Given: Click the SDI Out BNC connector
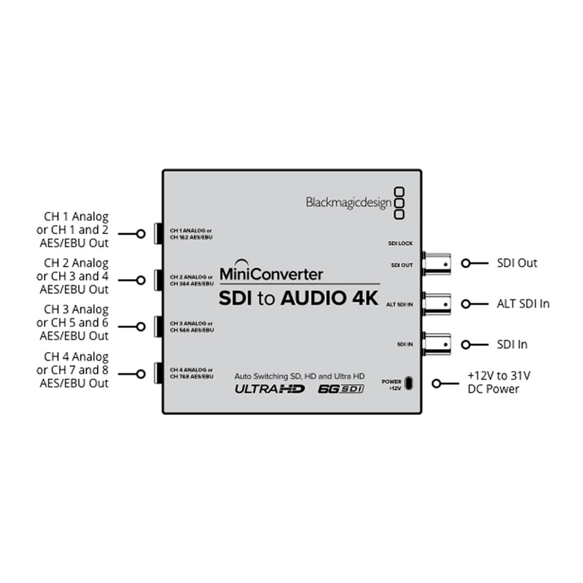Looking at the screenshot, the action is point(437,264).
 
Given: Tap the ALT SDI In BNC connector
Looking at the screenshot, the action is point(437,305).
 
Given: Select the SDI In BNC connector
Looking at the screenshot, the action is point(437,345).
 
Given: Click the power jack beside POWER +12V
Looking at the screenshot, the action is point(409,383).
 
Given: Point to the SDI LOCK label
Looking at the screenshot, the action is point(400,243).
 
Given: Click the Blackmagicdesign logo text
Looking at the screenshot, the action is point(349,203).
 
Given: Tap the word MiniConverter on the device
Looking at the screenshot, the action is point(271,274).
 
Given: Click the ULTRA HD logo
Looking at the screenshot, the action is point(270,389).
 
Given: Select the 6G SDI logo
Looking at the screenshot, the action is point(340,389).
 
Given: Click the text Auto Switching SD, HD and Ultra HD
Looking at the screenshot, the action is point(300,376).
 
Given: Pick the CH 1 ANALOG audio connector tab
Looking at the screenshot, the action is point(158,233).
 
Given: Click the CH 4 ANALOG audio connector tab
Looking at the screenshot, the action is point(158,373).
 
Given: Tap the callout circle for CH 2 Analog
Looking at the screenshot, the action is point(141,280).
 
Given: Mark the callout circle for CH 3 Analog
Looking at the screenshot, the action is point(141,326).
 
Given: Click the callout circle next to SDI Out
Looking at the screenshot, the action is point(466,263).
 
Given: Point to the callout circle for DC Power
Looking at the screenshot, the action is point(437,383).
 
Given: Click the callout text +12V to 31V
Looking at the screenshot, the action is point(499,375).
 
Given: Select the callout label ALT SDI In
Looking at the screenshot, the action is point(523,304).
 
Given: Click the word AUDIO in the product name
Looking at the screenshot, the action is point(313,298).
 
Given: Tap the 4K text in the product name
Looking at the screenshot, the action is point(366,298).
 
